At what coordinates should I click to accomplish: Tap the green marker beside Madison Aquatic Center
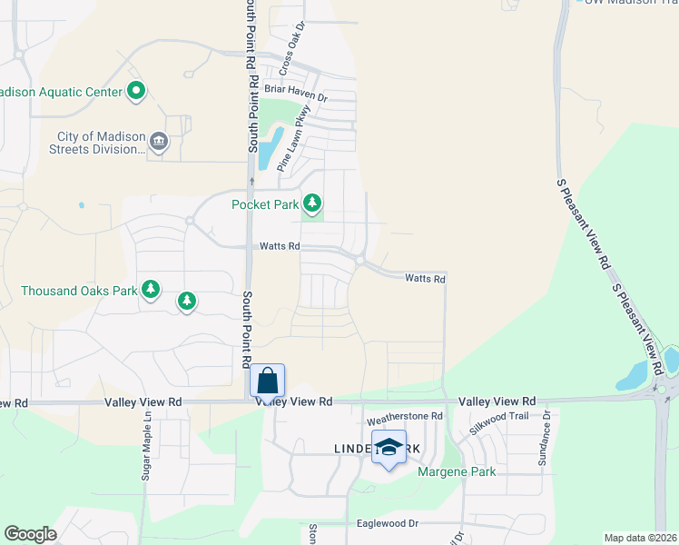[x=136, y=91]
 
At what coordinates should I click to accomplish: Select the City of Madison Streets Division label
[x=95, y=143]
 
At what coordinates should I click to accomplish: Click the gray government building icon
[x=159, y=142]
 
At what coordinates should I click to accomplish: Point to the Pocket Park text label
[x=265, y=204]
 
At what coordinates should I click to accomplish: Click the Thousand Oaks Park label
[x=79, y=291]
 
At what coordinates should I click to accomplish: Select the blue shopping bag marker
[x=268, y=380]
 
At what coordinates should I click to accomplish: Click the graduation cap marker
[x=389, y=448]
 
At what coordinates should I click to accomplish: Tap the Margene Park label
[x=456, y=471]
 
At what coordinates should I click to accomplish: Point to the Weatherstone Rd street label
[x=404, y=418]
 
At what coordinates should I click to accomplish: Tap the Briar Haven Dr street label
[x=295, y=89]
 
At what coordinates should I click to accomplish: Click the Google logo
[x=30, y=534]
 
